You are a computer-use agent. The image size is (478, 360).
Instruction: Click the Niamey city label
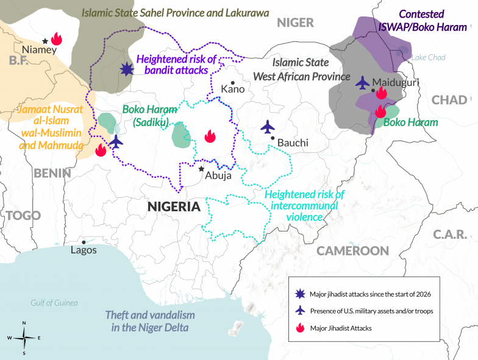(38, 50)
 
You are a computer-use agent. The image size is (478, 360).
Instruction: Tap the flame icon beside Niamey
(56, 40)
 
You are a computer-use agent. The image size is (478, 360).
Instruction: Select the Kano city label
(232, 89)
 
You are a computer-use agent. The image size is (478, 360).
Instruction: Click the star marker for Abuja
(201, 169)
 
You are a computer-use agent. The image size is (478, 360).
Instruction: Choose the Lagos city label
(84, 250)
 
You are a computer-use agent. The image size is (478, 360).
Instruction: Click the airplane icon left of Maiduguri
(363, 82)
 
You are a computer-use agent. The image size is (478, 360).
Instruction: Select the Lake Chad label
(428, 58)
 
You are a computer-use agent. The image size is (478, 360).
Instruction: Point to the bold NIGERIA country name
(174, 206)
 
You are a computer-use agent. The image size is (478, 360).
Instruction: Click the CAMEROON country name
(352, 250)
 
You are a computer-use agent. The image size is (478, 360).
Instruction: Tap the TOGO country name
(23, 215)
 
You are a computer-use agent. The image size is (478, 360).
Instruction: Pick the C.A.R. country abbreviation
(451, 234)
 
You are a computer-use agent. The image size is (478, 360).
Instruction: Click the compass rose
(24, 337)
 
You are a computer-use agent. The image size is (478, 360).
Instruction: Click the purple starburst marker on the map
(126, 69)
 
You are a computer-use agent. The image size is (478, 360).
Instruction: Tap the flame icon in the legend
(299, 328)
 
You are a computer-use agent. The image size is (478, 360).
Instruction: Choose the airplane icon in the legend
(299, 311)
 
